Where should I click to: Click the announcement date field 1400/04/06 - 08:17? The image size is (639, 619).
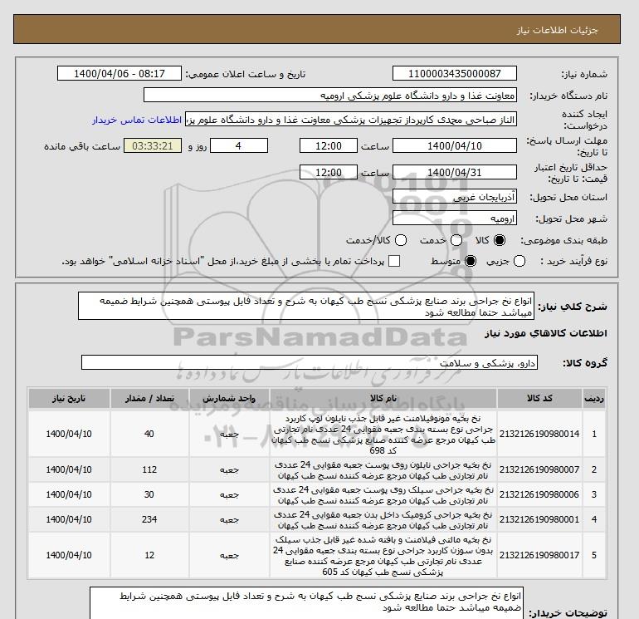coord(121,74)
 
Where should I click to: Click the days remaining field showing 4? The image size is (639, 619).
coord(240,146)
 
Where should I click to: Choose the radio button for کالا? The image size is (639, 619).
coord(500,240)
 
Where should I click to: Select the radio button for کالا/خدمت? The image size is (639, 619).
coord(401,240)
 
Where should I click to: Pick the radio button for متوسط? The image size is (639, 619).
coord(471,262)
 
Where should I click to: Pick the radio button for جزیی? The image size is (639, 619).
coord(519,262)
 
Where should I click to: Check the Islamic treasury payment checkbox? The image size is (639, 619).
coord(394,262)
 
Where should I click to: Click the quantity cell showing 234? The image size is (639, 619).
coord(149,519)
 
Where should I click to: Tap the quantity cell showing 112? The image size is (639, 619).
coord(149,470)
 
